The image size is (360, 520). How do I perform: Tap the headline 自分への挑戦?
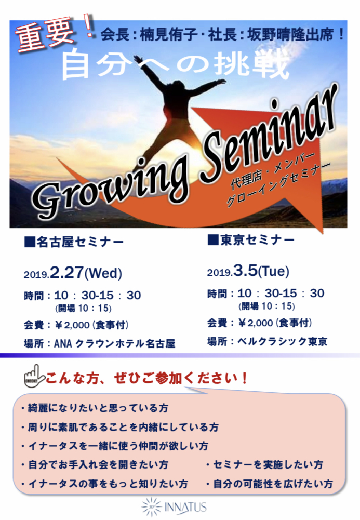point(176,64)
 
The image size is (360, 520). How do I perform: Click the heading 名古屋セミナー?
point(74,242)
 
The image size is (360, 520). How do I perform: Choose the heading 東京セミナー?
point(251,240)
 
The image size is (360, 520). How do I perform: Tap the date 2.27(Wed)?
point(86,273)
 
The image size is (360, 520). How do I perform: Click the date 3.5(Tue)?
point(261,271)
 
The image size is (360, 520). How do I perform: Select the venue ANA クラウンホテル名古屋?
point(115,343)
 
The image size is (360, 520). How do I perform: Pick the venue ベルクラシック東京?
point(283,341)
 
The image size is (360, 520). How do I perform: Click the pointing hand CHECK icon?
point(34,377)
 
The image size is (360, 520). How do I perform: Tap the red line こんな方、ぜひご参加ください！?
point(146,378)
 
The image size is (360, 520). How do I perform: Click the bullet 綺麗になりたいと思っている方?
point(95,408)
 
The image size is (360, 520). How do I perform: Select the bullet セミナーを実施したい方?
point(264,464)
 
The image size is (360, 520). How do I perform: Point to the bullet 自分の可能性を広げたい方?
point(270,484)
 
